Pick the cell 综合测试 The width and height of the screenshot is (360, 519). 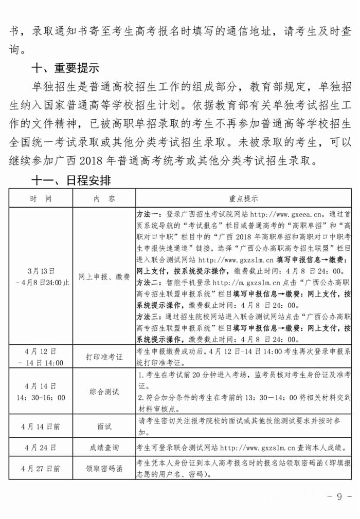pos(104,392)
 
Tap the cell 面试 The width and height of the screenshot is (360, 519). pos(104,427)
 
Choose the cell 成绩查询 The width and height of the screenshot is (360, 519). pos(104,448)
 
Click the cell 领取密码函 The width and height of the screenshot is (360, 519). pos(104,469)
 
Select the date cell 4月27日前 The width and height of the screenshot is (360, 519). pos(41,469)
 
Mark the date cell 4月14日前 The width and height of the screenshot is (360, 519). pos(41,427)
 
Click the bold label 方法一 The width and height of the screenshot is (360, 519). pos(148,214)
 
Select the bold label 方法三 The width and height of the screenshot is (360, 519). pos(148,317)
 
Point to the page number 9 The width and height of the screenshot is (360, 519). pos(339,496)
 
